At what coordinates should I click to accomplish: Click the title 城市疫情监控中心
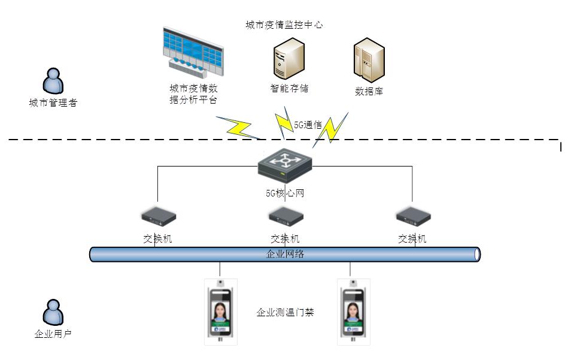(x=285, y=25)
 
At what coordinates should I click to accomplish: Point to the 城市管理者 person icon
(x=54, y=81)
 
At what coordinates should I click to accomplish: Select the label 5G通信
(x=308, y=125)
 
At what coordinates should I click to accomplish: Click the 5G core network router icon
(x=285, y=165)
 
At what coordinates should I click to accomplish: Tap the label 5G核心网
(x=285, y=193)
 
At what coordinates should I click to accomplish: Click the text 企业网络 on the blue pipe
(x=285, y=254)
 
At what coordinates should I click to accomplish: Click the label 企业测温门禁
(x=285, y=313)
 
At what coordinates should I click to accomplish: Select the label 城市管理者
(x=53, y=102)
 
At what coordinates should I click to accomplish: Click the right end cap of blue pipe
(x=477, y=255)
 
